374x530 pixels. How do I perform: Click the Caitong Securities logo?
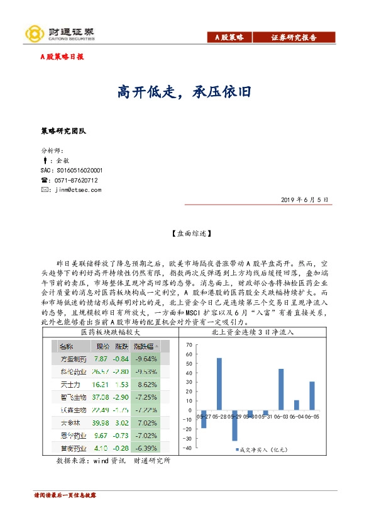[x=60, y=32]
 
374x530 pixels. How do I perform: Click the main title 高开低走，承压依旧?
[x=185, y=92]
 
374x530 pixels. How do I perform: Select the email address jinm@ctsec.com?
[x=78, y=189]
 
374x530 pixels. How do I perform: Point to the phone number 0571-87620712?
[x=76, y=179]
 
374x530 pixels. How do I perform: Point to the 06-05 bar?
[x=312, y=395]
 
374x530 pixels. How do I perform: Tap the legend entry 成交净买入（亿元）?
[x=265, y=449]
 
